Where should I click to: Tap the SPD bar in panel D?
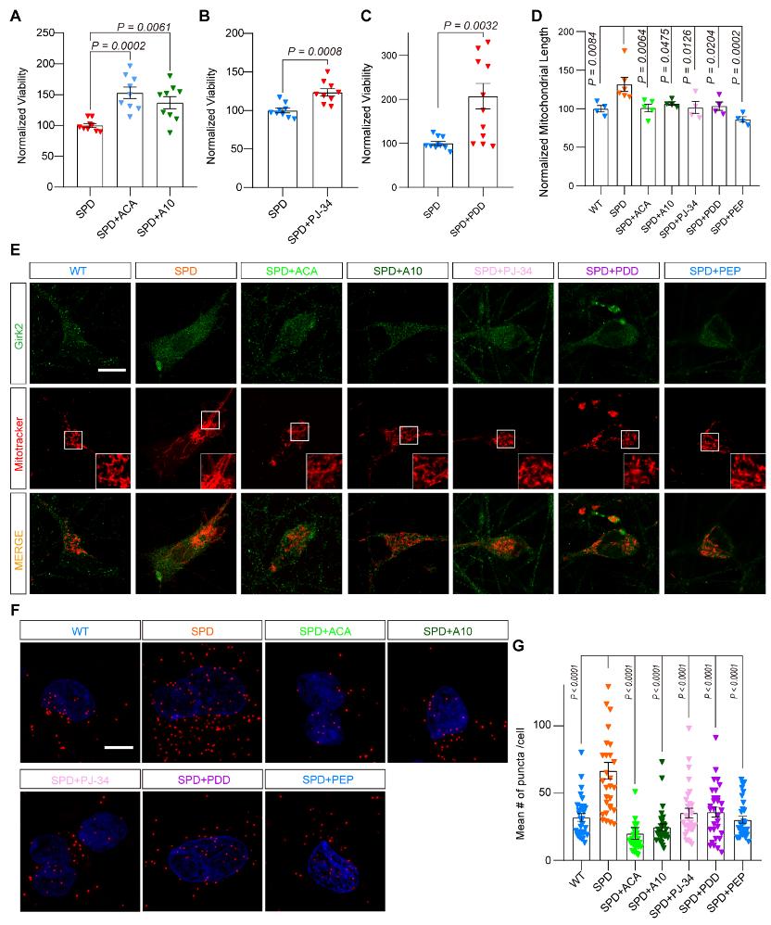pyautogui.click(x=623, y=136)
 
